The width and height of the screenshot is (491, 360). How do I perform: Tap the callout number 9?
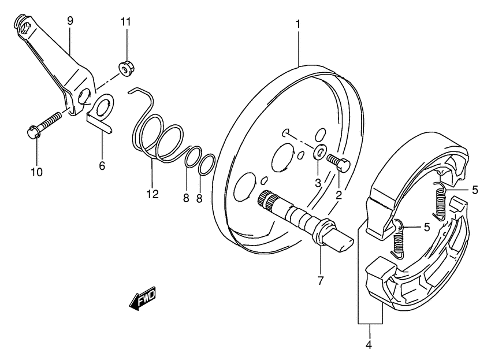point(70,21)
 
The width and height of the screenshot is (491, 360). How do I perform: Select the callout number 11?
point(125,23)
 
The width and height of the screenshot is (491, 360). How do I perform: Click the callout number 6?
point(102,166)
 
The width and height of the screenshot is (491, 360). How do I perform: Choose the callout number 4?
point(370,346)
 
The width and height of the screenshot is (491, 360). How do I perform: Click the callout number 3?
point(317,183)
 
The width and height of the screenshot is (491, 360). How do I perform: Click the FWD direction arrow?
point(142,299)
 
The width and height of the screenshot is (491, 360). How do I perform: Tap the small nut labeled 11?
point(124,69)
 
